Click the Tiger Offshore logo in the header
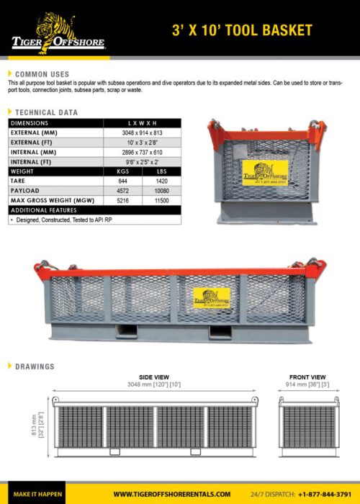(x=55, y=32)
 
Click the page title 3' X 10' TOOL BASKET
(x=242, y=30)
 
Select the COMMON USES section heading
(x=42, y=74)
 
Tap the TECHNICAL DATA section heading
(x=46, y=113)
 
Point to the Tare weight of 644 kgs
(x=122, y=181)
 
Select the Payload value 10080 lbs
(x=161, y=191)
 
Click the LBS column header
(x=161, y=171)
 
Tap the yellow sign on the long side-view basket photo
(x=211, y=297)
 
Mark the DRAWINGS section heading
(x=35, y=366)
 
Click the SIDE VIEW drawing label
(x=154, y=377)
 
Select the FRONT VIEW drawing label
(x=307, y=377)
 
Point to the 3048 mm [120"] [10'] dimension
(x=154, y=384)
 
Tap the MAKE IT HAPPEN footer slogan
(x=32, y=494)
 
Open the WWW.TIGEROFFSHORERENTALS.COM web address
(x=172, y=494)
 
